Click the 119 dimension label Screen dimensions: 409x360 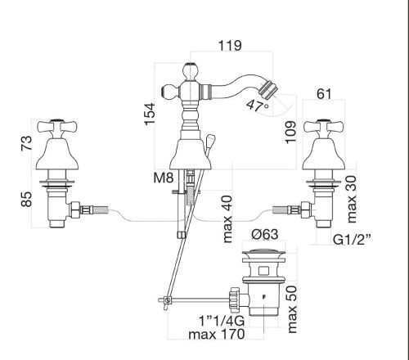click(x=230, y=46)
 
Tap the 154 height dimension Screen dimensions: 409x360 click(x=150, y=114)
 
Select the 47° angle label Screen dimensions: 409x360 click(x=258, y=106)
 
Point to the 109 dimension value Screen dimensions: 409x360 click(x=290, y=132)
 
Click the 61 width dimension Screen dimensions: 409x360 click(x=324, y=94)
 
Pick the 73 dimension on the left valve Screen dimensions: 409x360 click(x=27, y=142)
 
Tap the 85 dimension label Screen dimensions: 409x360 click(x=27, y=199)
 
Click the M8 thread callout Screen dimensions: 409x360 click(x=164, y=178)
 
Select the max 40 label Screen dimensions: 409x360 click(x=227, y=219)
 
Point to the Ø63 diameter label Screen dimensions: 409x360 click(x=265, y=234)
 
